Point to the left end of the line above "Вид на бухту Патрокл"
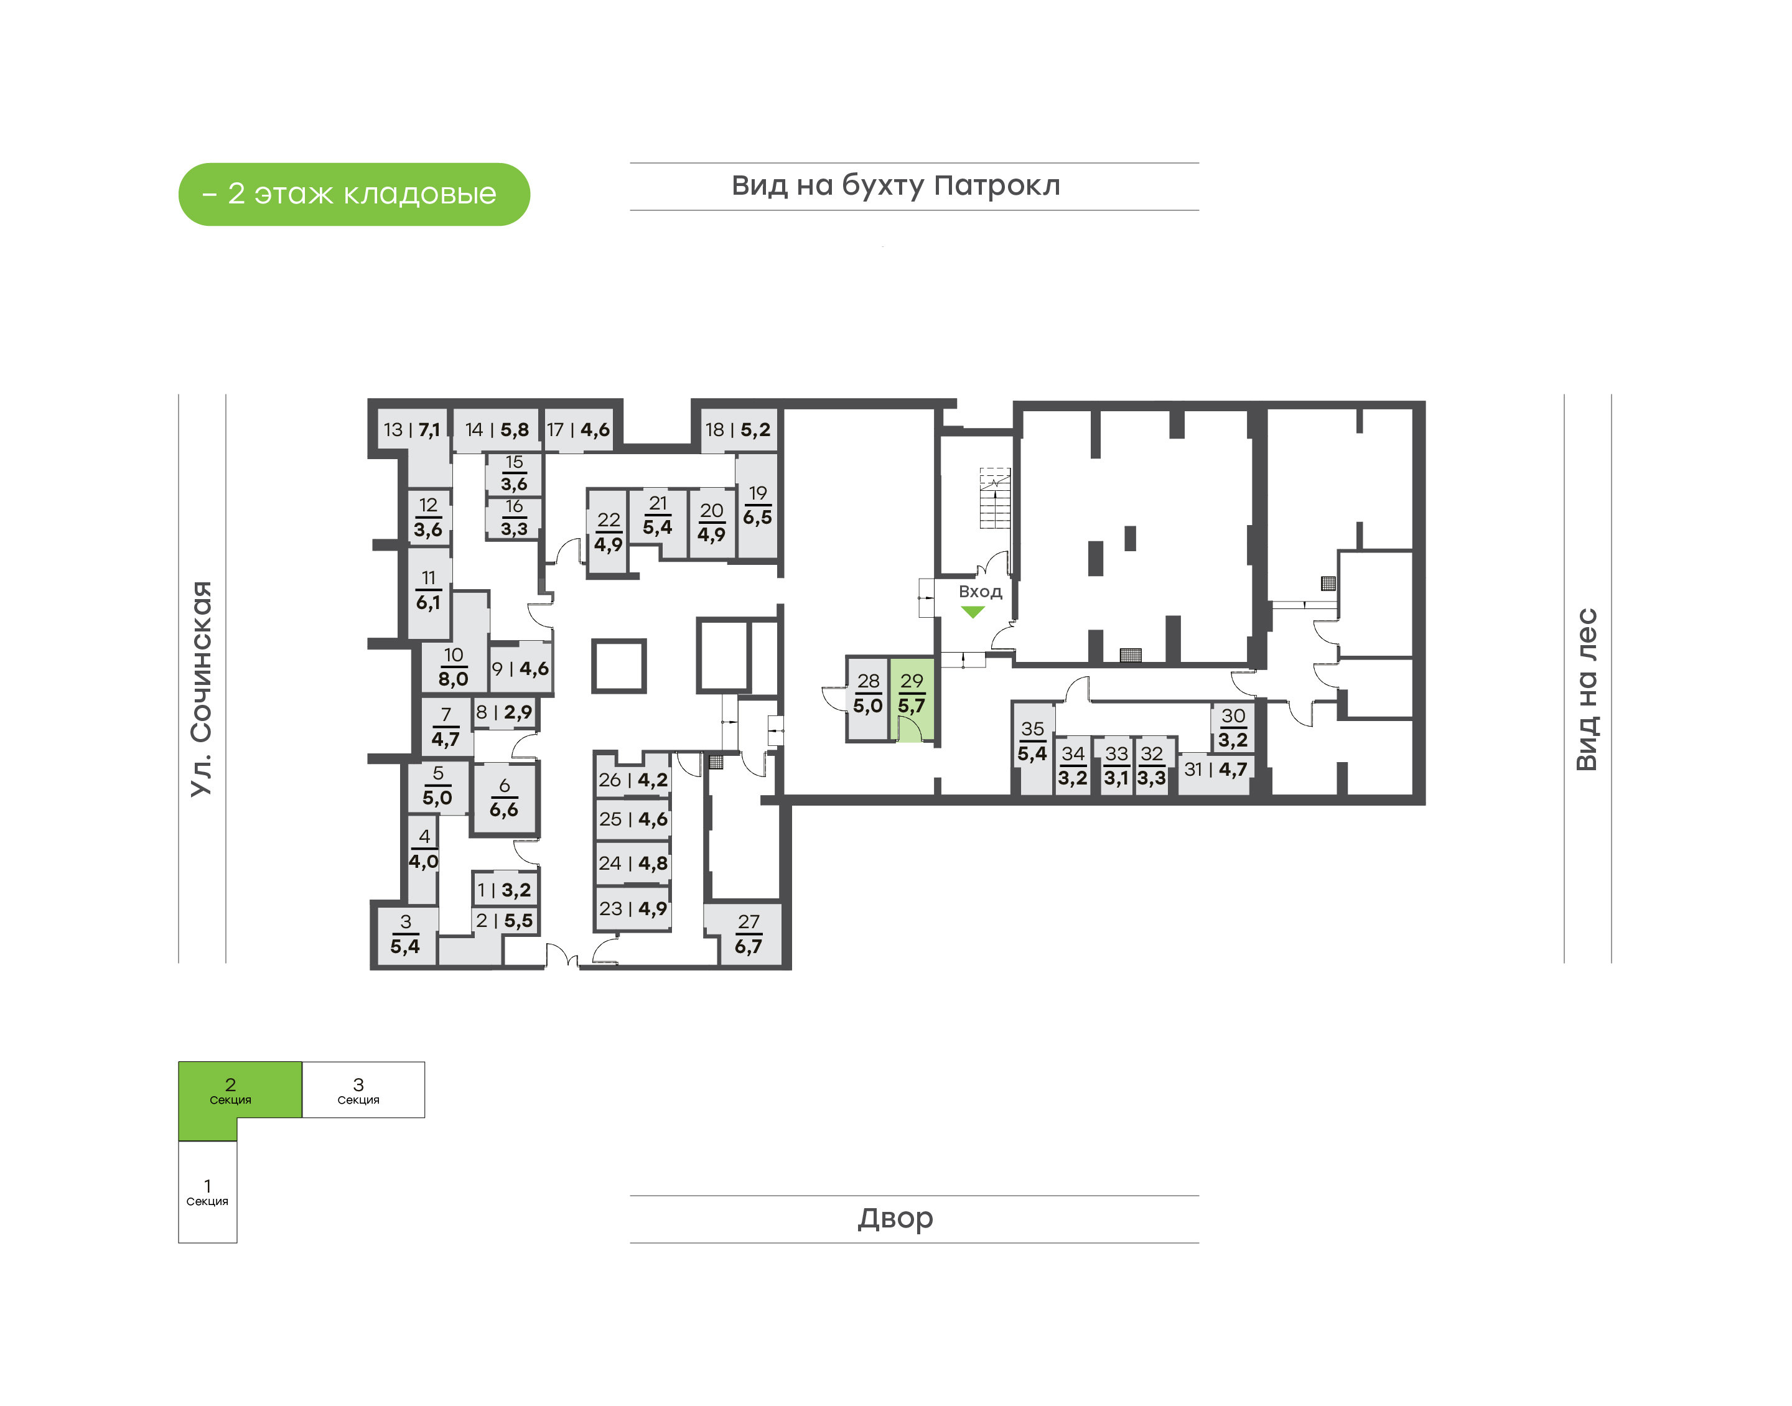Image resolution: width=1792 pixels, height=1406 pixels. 630,163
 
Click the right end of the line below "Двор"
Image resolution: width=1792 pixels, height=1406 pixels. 1199,1243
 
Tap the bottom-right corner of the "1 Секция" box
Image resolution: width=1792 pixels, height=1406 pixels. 237,1243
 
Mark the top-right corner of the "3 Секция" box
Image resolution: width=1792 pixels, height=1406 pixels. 425,1062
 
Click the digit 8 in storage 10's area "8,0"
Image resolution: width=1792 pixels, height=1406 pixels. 444,679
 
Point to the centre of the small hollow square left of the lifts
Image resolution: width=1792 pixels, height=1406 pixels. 618,666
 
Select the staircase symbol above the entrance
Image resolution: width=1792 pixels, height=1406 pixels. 994,499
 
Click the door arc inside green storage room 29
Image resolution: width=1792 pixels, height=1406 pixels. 909,729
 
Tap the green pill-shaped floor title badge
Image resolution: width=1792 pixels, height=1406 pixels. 354,194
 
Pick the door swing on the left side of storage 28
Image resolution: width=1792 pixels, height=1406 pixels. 834,698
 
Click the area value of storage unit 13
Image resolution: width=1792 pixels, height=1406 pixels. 429,430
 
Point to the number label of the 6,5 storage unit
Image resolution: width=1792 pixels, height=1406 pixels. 757,493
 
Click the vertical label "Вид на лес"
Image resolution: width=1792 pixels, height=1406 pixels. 1586,689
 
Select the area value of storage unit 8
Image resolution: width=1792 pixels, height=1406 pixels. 518,712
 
